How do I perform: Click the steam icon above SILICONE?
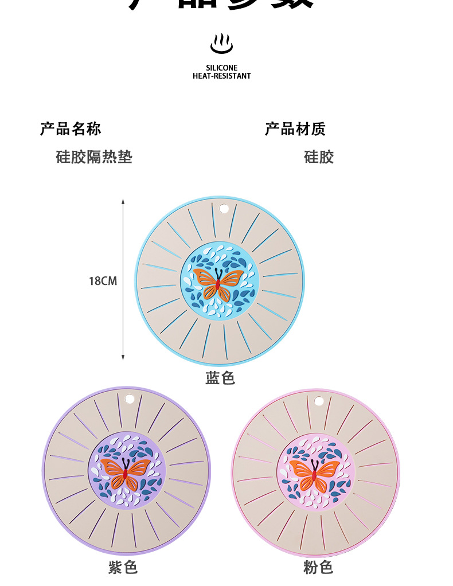click(x=221, y=44)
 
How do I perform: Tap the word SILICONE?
click(x=221, y=68)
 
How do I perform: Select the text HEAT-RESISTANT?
click(x=221, y=76)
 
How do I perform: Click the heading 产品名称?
click(x=71, y=129)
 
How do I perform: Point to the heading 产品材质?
click(x=295, y=129)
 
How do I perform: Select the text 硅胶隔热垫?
click(x=94, y=157)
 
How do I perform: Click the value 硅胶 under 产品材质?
click(x=319, y=157)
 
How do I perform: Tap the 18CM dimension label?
click(x=103, y=281)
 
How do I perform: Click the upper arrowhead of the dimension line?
click(x=123, y=202)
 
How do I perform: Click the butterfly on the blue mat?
click(x=218, y=282)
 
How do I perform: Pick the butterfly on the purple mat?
click(x=125, y=471)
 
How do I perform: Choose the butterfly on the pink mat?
click(x=314, y=471)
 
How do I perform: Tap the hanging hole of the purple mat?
click(x=129, y=399)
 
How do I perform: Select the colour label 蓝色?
click(x=220, y=378)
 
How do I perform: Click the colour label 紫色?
click(x=123, y=568)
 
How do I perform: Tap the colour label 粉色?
click(x=318, y=568)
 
